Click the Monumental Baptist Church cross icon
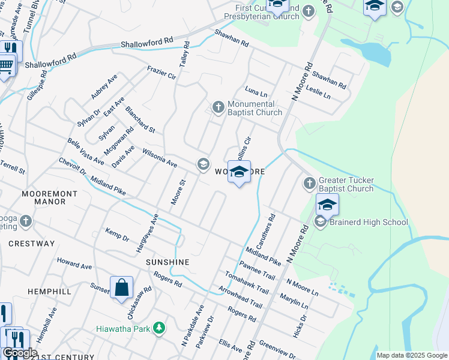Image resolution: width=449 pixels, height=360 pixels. point(218,107)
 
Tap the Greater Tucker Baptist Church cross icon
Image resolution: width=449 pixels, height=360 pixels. point(309,183)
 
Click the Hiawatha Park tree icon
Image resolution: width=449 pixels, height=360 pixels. point(159,328)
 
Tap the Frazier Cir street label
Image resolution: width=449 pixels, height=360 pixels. point(161,73)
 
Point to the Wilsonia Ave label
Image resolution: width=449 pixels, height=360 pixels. point(160,158)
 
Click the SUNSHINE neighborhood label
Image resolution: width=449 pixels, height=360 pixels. point(167,262)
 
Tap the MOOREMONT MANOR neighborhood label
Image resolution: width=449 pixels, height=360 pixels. point(43,198)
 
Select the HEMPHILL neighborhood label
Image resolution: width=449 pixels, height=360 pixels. point(49,291)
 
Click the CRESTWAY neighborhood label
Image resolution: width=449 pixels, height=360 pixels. point(32,244)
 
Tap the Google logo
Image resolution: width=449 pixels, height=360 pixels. point(20,353)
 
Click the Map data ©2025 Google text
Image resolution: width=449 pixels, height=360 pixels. point(411,355)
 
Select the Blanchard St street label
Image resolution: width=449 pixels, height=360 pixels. point(140,120)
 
